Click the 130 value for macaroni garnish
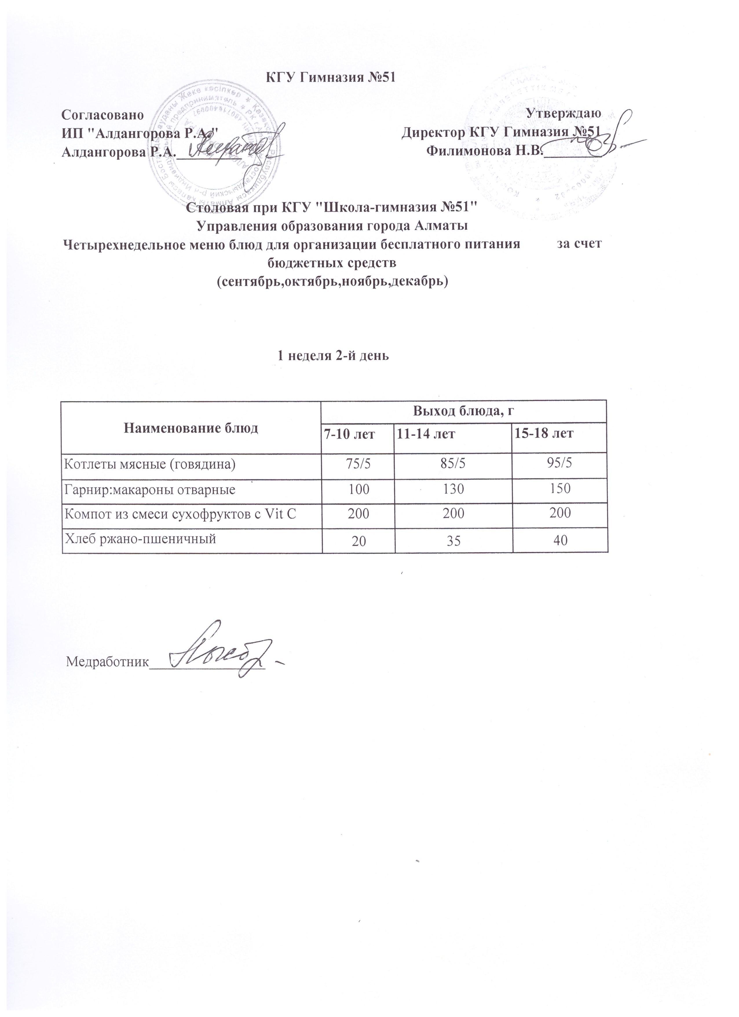pyautogui.click(x=453, y=488)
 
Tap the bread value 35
pyautogui.click(x=453, y=541)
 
